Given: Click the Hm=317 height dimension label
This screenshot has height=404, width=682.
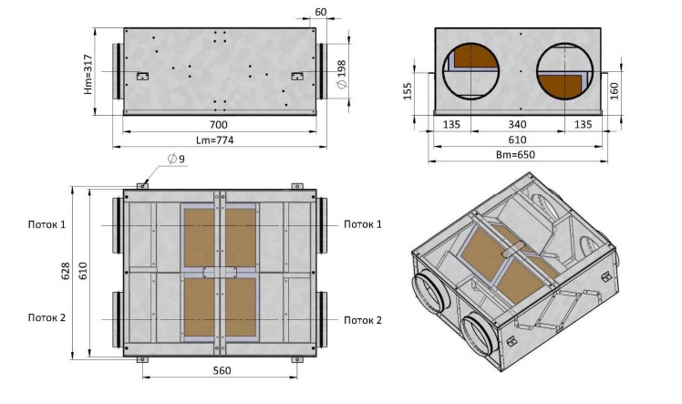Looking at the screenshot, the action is point(88,75).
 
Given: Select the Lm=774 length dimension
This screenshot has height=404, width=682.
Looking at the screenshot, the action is point(215,140).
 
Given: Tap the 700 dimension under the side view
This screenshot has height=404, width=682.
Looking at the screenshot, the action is point(218,125).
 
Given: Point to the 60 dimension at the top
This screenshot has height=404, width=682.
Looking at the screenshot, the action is point(320,12).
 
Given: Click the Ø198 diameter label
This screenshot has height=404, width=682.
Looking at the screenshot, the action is point(342,75).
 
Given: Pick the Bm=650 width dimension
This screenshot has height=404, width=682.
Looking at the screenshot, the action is point(515,155).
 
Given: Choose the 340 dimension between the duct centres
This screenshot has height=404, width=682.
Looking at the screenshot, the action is point(517,125).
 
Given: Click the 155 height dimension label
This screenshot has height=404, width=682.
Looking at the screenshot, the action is point(408,91).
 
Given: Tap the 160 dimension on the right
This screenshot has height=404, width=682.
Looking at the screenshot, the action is point(615,91).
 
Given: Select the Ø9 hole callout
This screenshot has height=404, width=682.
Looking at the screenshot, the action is point(176,159).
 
